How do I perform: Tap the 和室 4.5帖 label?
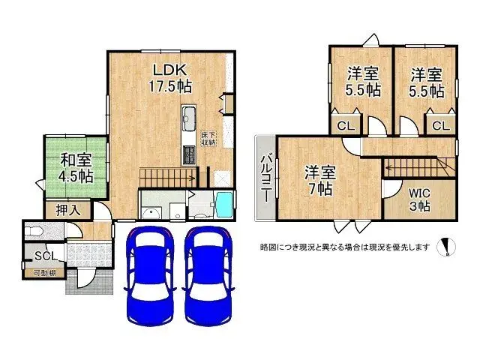pos(76,167)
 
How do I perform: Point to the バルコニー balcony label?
pos(266,177)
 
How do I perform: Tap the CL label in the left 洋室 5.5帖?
pos(346,125)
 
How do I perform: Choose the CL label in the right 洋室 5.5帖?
pos(441,125)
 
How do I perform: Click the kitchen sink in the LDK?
pos(189,118)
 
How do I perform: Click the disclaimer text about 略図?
pos(344,246)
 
